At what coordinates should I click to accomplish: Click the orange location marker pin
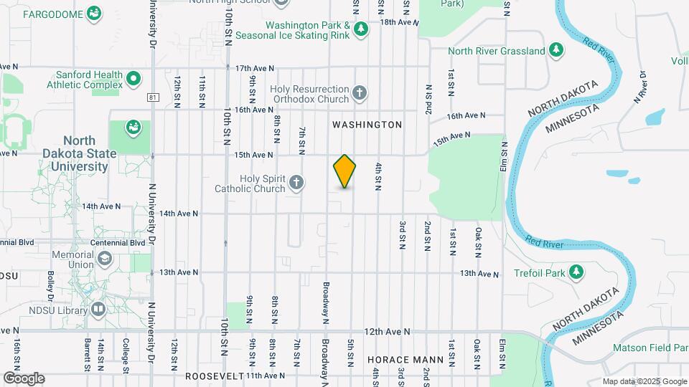click(344, 171)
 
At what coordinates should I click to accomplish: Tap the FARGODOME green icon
click(93, 14)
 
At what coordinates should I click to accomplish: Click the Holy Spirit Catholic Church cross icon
click(294, 183)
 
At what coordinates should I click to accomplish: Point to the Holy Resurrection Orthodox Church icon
click(360, 93)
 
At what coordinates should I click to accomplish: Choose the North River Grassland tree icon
click(556, 50)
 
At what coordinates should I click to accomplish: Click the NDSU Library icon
click(98, 310)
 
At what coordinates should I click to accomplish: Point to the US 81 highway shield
click(153, 96)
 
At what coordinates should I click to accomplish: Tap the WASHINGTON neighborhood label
click(367, 125)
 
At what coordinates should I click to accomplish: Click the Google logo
click(24, 378)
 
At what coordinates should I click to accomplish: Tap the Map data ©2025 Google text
click(644, 381)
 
